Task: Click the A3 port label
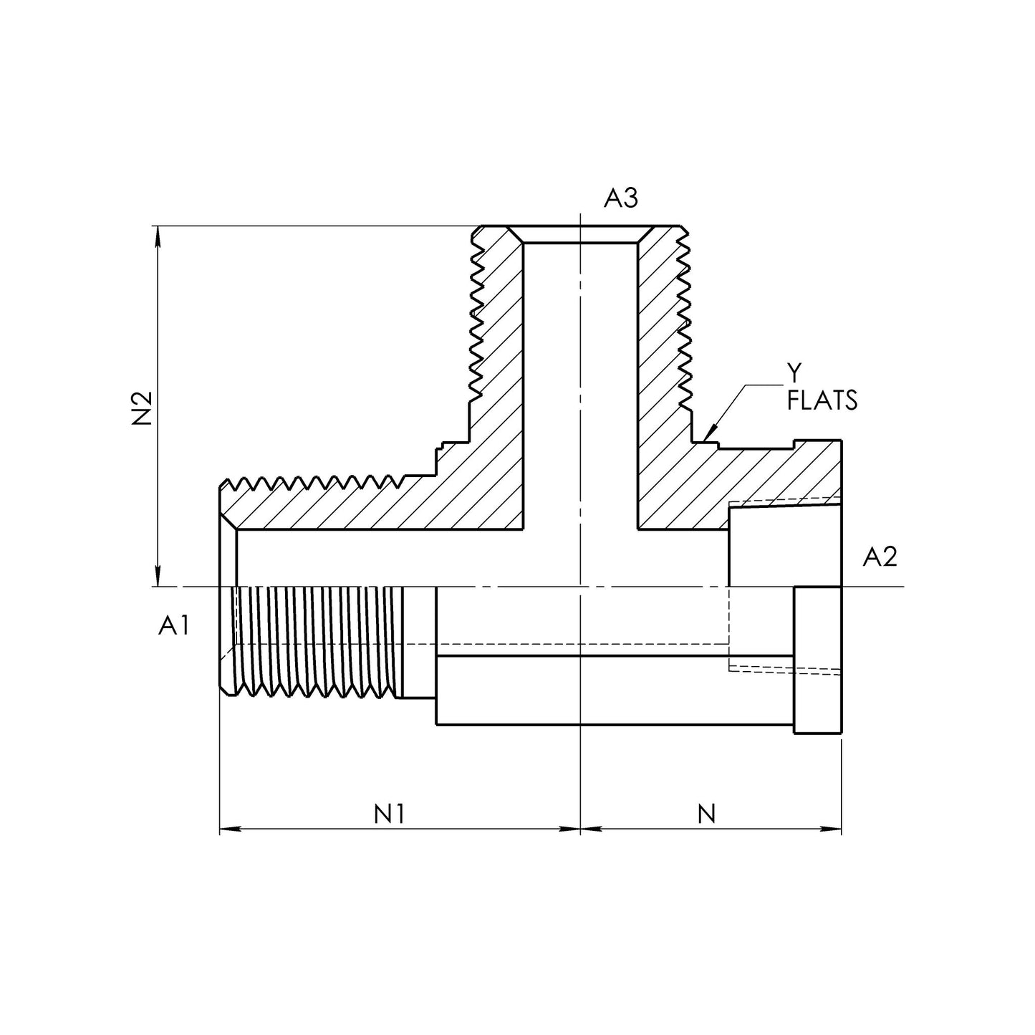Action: (620, 198)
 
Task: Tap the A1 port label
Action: (174, 626)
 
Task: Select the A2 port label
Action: (880, 557)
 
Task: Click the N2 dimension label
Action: (143, 408)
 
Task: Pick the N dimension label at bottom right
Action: (706, 813)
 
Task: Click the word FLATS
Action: (822, 402)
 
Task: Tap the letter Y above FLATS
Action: (794, 371)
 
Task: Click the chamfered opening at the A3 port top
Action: (579, 236)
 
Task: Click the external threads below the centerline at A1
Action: (315, 641)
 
